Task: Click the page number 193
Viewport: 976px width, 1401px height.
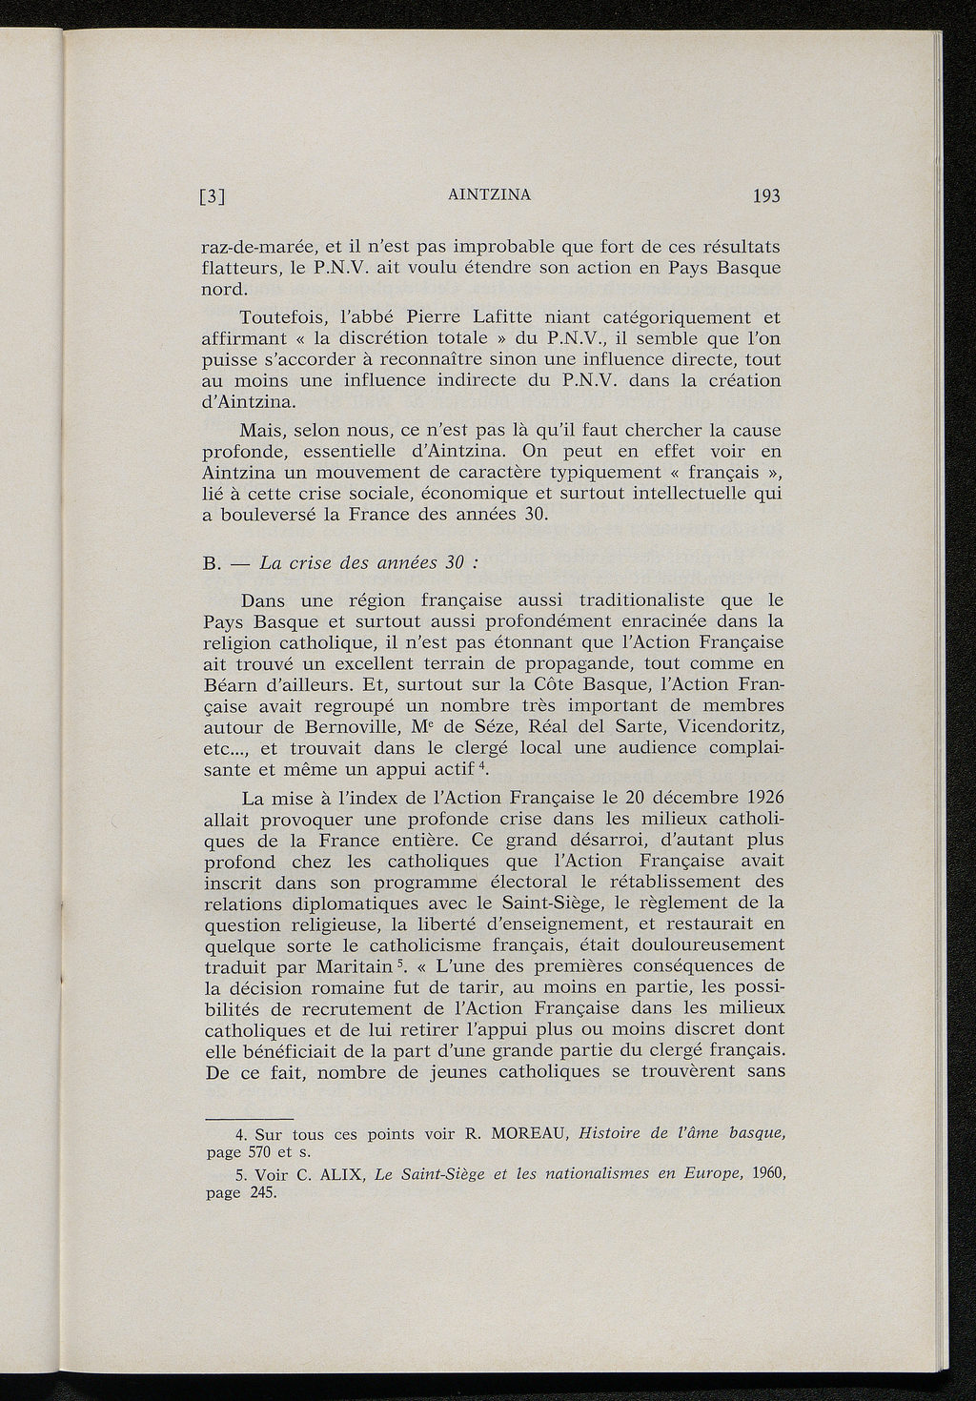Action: (x=766, y=197)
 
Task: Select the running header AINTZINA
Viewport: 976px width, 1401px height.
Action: (x=489, y=195)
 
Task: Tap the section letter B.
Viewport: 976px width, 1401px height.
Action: (x=213, y=562)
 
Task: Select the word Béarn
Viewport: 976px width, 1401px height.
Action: (x=233, y=684)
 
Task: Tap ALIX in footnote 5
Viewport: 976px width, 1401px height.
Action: (x=337, y=1175)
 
